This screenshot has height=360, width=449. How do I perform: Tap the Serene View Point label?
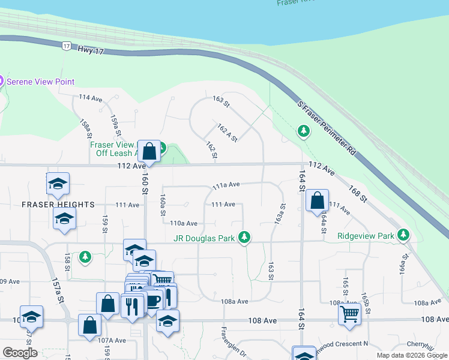40,81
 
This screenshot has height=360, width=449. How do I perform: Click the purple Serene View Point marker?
1,80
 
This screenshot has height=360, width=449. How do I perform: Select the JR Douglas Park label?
203,238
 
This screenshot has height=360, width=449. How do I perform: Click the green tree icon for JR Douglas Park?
244,238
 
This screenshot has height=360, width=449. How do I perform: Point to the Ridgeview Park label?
366,236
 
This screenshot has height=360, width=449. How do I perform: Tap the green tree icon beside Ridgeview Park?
406,235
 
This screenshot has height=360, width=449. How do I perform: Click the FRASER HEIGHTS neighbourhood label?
58,205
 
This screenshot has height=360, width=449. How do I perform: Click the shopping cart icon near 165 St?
349,313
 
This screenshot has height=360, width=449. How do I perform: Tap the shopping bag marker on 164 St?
317,201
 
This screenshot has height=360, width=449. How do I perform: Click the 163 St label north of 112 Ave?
221,101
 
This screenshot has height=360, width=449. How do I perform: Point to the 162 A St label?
228,133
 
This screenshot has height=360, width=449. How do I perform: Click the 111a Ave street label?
226,185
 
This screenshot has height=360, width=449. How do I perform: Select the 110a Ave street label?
184,223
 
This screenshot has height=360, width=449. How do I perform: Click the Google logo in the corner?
20,352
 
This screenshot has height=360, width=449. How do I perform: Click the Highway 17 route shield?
66,46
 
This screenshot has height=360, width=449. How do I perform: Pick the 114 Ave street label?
91,97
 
